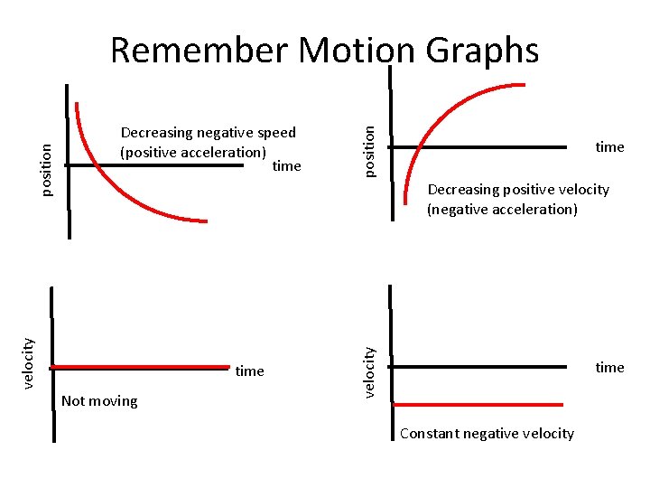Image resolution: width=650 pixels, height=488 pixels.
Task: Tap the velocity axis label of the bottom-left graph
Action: pos(30,362)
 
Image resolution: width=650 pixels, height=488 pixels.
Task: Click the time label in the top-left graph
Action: pos(286,166)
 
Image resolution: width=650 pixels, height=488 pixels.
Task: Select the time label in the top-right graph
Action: pos(609,147)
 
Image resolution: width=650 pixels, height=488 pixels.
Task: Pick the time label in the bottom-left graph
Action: pos(249,371)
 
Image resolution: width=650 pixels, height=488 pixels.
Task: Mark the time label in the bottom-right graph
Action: pos(609,367)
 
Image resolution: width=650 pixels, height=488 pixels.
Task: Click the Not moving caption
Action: pos(99,401)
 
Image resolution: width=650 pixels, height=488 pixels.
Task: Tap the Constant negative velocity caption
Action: pos(487,434)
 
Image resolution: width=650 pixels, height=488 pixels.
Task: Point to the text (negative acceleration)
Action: pos(502,210)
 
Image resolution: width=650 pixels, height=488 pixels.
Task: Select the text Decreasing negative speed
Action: pos(209,133)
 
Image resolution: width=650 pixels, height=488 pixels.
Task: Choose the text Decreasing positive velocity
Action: pos(518,190)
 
